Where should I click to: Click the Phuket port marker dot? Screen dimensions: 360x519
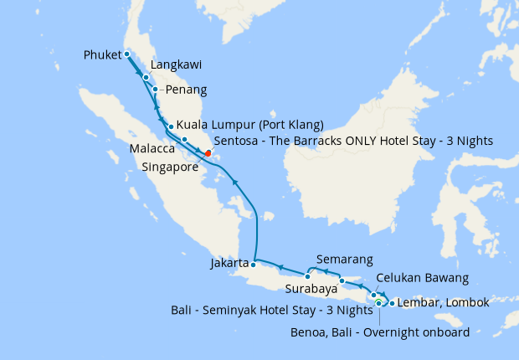[x=126, y=54]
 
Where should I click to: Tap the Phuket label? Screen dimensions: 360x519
[x=102, y=55]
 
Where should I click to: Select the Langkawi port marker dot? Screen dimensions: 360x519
[x=146, y=77]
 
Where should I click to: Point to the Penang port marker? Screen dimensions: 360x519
[x=156, y=89]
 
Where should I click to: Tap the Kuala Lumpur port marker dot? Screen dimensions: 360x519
[x=171, y=127]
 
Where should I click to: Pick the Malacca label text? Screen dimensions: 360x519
[x=152, y=148]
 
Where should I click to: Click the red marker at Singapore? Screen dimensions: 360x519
[x=208, y=153]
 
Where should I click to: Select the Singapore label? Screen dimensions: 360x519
[x=171, y=167]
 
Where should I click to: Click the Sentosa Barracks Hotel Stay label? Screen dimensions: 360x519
[x=353, y=140]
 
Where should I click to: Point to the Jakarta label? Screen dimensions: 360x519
[x=229, y=263]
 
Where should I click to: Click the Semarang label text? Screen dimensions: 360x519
[x=346, y=260]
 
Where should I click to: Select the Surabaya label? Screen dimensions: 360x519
[x=311, y=290]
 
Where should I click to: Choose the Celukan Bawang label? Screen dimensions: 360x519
[x=422, y=278]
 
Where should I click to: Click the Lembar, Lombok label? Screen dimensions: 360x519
[x=443, y=302]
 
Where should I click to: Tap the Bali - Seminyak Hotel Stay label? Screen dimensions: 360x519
[x=272, y=311]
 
